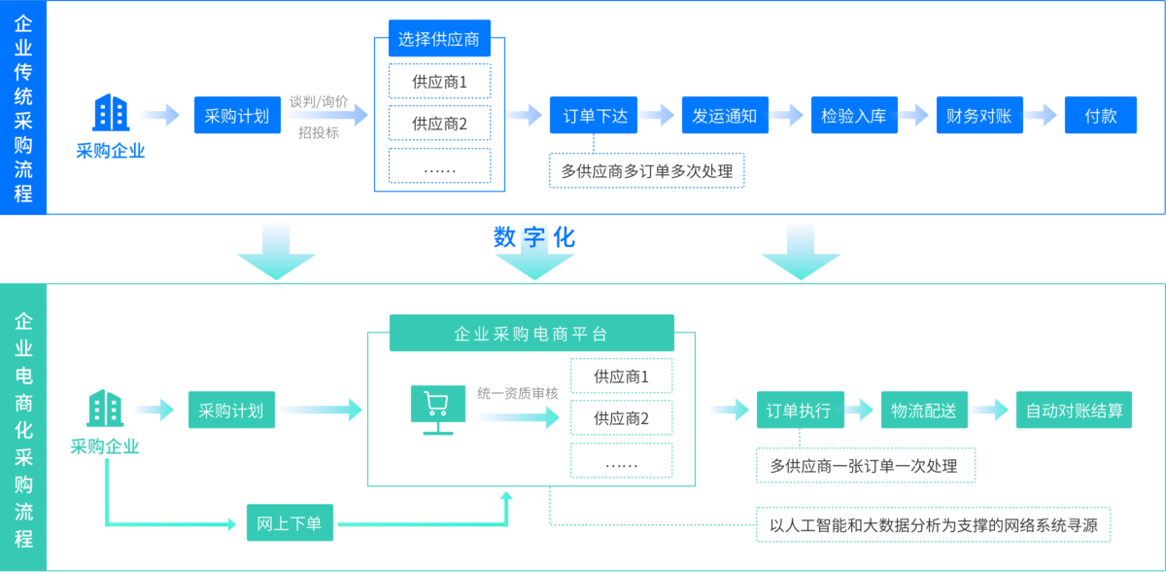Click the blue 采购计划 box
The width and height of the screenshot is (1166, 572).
tap(237, 116)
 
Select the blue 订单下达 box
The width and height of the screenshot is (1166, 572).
tap(595, 116)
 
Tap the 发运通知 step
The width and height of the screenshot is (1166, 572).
tap(724, 116)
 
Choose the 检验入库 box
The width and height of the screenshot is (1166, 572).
tap(853, 116)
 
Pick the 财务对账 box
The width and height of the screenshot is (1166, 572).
tap(978, 116)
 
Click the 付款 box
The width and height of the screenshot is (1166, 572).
tap(1101, 116)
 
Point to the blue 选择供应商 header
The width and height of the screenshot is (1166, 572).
tap(439, 40)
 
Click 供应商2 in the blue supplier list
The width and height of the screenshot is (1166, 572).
tap(439, 124)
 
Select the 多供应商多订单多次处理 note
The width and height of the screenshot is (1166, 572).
tap(646, 171)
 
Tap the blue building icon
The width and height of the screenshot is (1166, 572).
tap(110, 114)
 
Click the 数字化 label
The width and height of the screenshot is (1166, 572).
tap(533, 237)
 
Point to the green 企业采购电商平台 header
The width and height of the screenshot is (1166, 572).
tap(531, 334)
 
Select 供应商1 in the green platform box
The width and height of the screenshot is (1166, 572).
tap(621, 376)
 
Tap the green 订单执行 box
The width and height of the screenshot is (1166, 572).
tap(800, 411)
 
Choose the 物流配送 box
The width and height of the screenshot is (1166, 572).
tap(923, 411)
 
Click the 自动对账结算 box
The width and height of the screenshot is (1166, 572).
tap(1074, 411)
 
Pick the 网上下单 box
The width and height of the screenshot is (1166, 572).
tap(289, 524)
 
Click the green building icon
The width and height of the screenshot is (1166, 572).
tap(105, 409)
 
